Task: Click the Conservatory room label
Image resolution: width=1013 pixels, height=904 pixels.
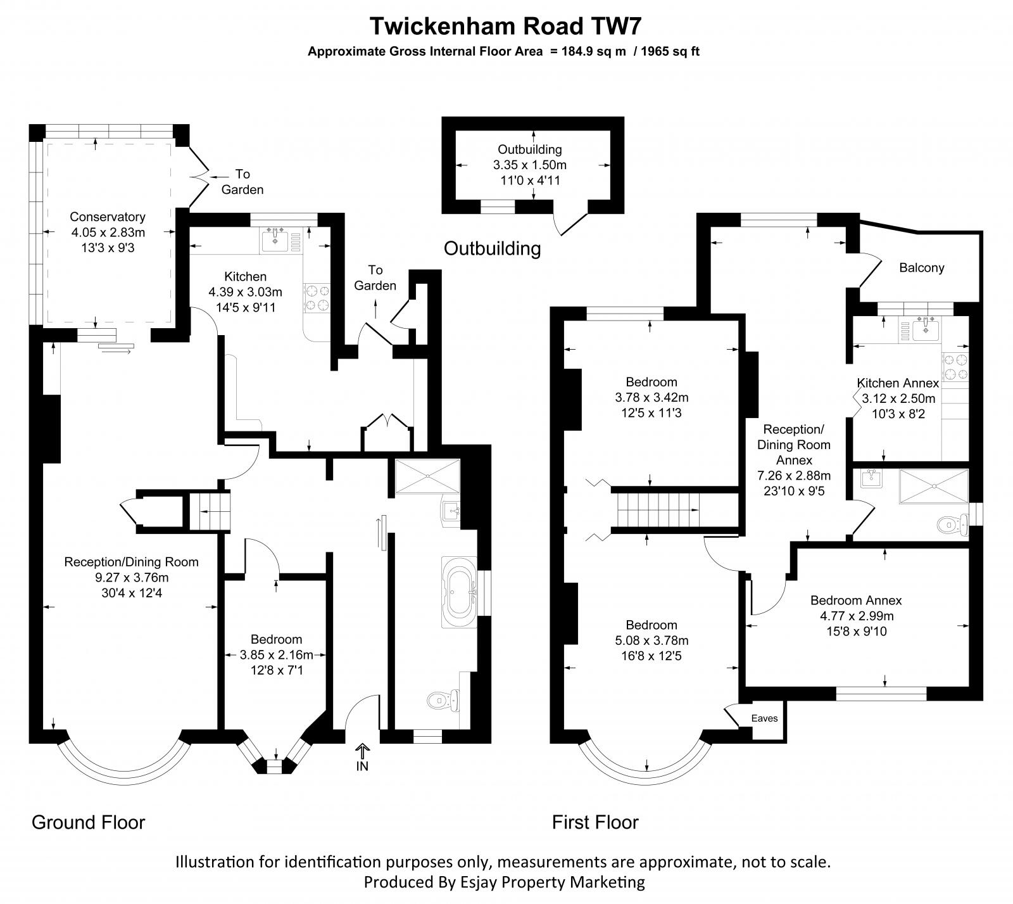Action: (107, 217)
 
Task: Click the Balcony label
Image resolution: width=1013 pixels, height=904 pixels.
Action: (921, 268)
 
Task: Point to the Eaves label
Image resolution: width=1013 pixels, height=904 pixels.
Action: (764, 718)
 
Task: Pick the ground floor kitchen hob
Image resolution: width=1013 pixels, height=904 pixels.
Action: (317, 298)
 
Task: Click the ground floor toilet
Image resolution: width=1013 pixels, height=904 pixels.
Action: (441, 700)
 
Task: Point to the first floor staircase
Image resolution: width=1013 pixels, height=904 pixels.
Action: (658, 510)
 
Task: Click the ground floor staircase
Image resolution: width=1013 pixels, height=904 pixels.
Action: (210, 511)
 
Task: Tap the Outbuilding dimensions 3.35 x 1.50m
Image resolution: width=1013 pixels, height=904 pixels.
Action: (529, 165)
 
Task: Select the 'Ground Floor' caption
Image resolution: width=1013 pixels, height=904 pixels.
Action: (88, 822)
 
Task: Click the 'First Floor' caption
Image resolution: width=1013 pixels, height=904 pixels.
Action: (595, 822)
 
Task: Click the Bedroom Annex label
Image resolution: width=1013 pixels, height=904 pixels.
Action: (855, 601)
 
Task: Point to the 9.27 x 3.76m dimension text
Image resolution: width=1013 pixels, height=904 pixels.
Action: (131, 577)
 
